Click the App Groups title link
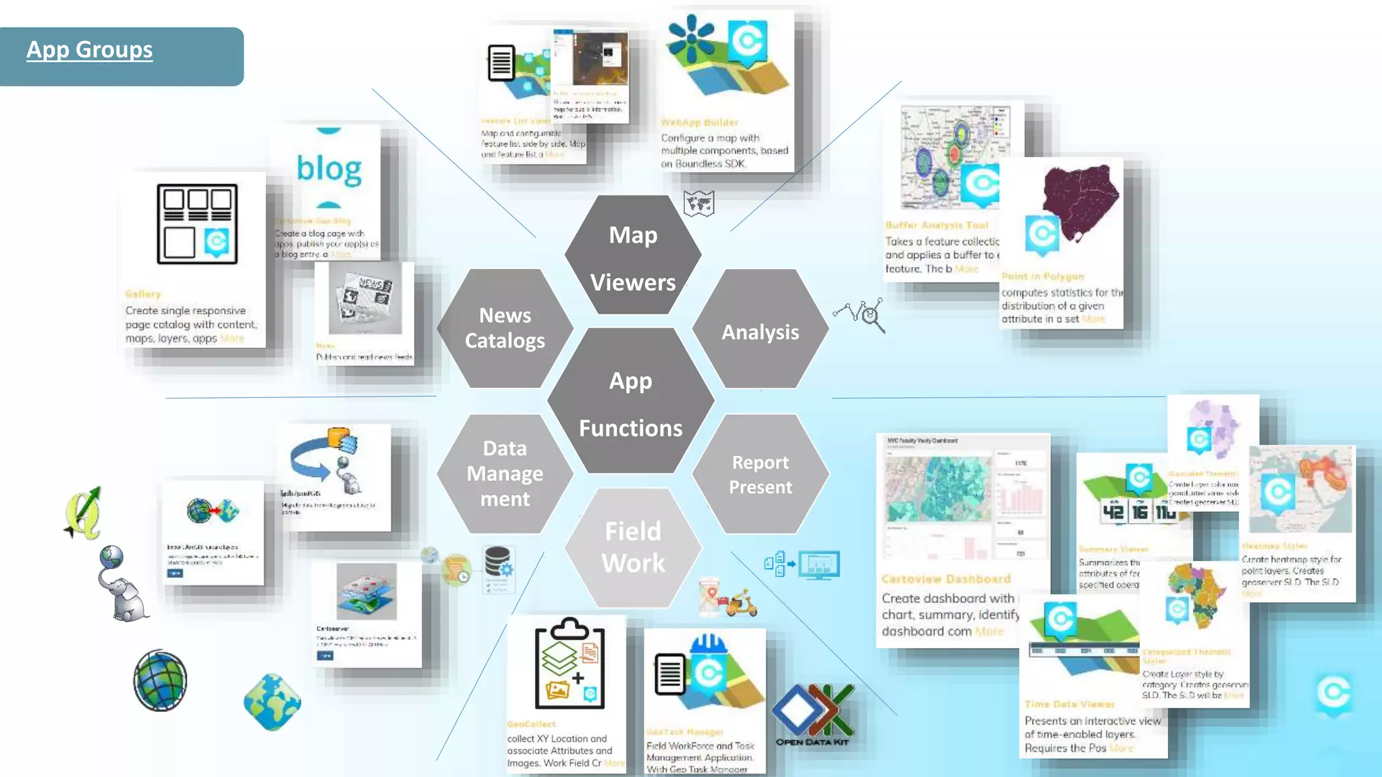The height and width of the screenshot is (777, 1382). point(90,50)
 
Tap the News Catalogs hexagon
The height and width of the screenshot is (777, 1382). point(505,328)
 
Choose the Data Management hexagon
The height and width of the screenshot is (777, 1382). point(505,473)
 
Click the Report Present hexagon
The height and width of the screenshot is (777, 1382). point(761,474)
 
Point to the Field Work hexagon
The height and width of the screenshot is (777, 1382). point(633,547)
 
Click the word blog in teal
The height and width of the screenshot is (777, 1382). point(329,169)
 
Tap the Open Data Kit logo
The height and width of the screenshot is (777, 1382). point(813,715)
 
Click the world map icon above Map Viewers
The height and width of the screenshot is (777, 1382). point(698,203)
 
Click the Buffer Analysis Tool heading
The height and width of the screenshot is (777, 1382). point(937,225)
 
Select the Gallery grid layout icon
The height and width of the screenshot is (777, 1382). point(197,224)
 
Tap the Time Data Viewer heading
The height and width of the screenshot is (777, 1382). point(1069,704)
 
